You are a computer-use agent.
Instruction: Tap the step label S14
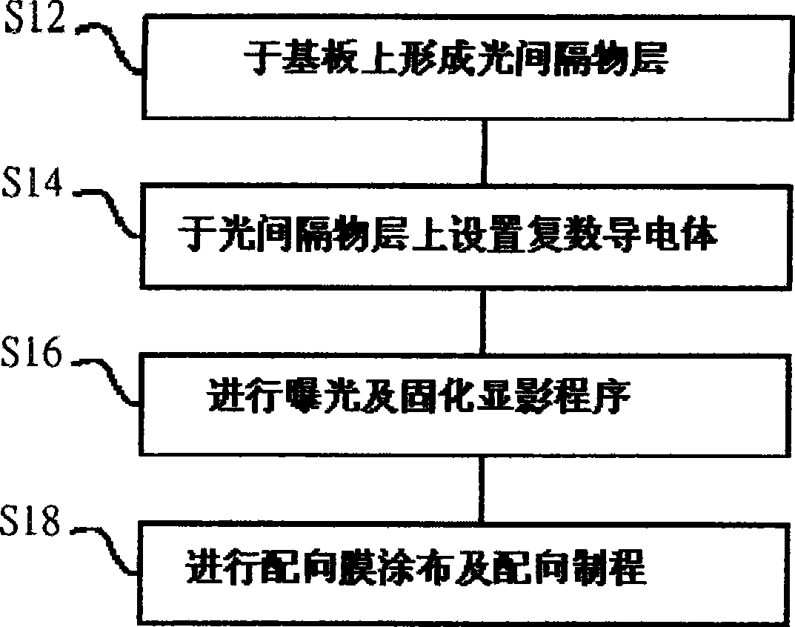point(33,182)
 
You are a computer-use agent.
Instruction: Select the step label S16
point(31,351)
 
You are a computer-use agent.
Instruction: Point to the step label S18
point(30,520)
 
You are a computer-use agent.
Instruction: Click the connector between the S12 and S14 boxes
point(485,152)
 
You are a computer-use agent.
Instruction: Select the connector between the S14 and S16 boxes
point(482,321)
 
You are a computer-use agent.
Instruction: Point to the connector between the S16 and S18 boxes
point(482,489)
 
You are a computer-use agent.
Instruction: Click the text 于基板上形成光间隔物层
point(456,59)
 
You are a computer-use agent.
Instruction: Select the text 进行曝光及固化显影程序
point(419,397)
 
